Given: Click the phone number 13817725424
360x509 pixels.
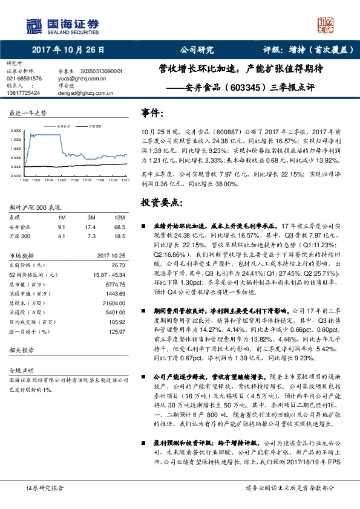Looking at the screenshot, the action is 24,93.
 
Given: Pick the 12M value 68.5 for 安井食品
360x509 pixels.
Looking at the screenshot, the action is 120,226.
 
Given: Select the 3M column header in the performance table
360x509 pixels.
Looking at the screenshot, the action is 91,217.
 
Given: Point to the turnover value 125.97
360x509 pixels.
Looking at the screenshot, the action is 117,331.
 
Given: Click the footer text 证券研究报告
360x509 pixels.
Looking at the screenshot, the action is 45,487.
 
